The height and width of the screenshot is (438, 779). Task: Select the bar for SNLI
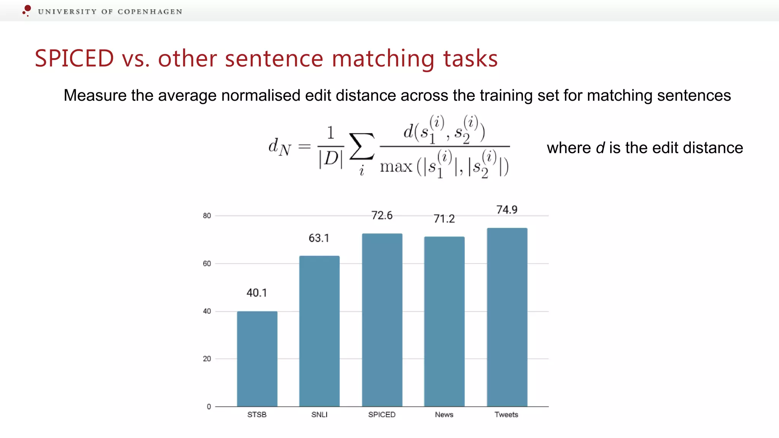pos(319,331)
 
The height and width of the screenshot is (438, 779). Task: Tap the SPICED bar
pos(382,320)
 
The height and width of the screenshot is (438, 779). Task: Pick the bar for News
pos(444,321)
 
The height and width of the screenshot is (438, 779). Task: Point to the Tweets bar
pos(507,317)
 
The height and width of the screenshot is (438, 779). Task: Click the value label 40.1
pos(257,293)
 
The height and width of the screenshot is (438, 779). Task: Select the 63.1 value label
pos(319,238)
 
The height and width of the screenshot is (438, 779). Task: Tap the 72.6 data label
pos(382,216)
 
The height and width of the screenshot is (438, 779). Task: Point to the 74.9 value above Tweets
pos(507,209)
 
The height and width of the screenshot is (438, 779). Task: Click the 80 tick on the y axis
pos(207,216)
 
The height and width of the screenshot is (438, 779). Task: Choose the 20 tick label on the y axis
pos(207,359)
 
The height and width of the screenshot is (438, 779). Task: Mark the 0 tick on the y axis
pos(209,406)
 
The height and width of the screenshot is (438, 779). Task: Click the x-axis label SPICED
pos(382,414)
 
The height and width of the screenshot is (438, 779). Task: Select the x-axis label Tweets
pos(506,414)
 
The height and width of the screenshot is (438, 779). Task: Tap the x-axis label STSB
pos(257,414)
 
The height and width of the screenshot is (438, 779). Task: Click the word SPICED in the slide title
pos(74,59)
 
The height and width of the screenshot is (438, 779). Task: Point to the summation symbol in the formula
pos(361,146)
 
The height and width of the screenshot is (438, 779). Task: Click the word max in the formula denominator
pos(396,167)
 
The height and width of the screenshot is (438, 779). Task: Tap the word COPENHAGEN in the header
pos(150,12)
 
